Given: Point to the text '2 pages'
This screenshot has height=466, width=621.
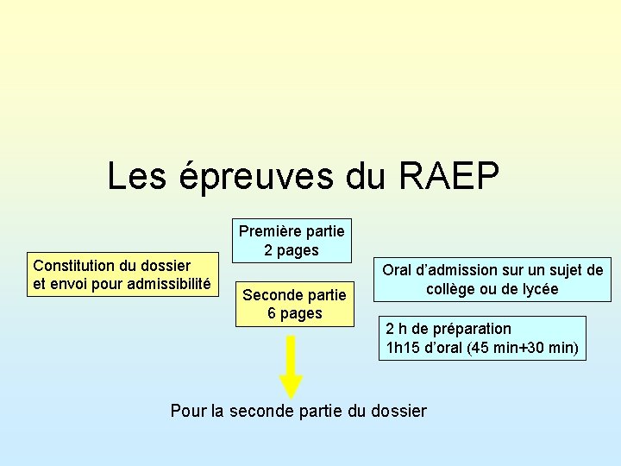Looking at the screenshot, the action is click(x=292, y=250).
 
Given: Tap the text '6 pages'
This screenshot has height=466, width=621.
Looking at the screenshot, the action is click(x=294, y=313).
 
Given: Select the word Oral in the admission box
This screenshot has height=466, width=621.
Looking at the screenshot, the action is click(x=398, y=270).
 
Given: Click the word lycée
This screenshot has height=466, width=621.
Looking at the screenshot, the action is click(x=537, y=289).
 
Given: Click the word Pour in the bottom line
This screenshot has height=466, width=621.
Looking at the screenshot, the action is click(x=189, y=411).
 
